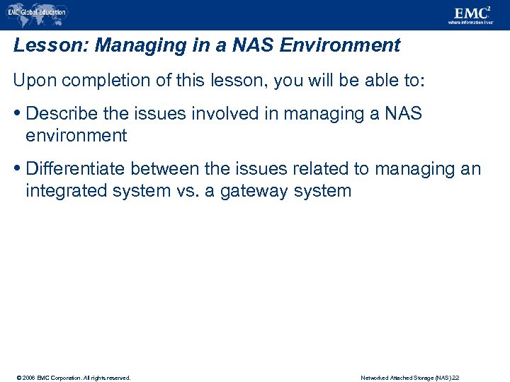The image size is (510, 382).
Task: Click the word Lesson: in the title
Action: click(50, 46)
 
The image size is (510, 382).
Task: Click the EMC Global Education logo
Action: click(36, 12)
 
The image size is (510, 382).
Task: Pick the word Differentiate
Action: click(79, 169)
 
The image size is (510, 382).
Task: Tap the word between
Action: click(174, 169)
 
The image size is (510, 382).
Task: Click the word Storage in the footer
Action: click(422, 378)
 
